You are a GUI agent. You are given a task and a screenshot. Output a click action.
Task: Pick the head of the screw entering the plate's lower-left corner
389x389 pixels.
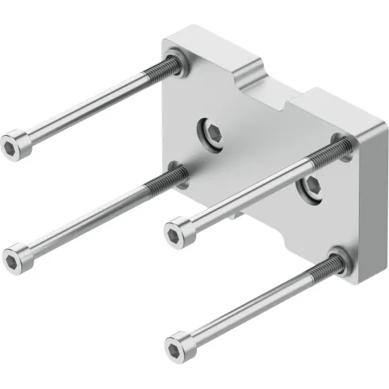tap(15, 257)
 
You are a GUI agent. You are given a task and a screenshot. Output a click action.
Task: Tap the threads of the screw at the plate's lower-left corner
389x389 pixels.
tap(159, 184)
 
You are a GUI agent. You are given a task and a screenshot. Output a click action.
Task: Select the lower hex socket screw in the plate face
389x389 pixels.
tap(310, 187)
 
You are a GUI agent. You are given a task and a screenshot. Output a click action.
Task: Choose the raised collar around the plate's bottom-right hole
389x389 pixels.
tap(340, 260)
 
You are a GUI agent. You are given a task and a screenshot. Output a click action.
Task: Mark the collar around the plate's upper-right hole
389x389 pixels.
tap(342, 144)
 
